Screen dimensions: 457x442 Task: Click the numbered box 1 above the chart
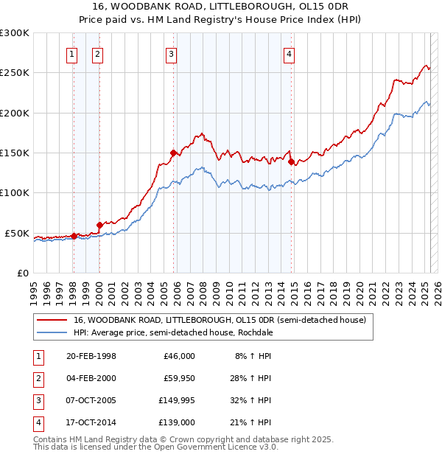(x=72, y=53)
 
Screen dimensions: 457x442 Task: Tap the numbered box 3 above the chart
(x=171, y=53)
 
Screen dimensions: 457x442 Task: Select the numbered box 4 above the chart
(x=290, y=53)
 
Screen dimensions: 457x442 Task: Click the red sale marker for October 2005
(x=174, y=153)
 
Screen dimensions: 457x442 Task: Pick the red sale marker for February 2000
(x=99, y=225)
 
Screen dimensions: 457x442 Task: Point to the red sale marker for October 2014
(x=291, y=162)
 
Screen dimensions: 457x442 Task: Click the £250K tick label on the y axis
(x=15, y=73)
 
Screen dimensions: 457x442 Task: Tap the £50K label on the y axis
(x=17, y=233)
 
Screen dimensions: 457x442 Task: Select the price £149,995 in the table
(x=177, y=402)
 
